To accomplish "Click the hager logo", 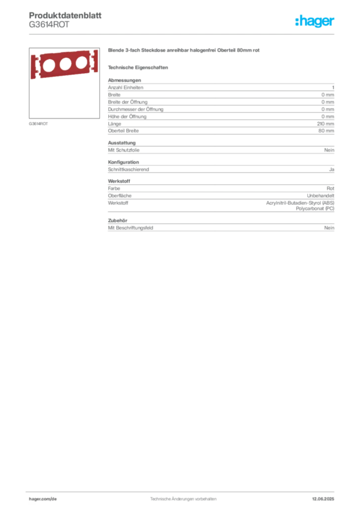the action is (x=315, y=21).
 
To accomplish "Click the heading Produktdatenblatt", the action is (x=65, y=15).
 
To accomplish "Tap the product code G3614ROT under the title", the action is (x=49, y=25).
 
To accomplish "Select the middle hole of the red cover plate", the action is (x=65, y=64).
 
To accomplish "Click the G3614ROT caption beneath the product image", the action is (x=38, y=124).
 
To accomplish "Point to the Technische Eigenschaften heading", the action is (x=138, y=68).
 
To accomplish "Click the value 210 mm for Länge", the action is (x=326, y=124).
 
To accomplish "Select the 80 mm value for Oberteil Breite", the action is (x=326, y=131).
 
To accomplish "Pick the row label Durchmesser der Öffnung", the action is (x=136, y=109).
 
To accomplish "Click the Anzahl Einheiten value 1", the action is (x=333, y=87).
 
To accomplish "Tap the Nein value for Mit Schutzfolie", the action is (x=329, y=150).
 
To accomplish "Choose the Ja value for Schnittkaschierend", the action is (x=332, y=170).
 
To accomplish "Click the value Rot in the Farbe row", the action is (x=331, y=188).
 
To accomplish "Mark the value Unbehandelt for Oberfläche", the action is (x=321, y=196).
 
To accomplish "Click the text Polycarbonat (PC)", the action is (x=315, y=208).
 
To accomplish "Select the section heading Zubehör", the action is (x=117, y=220).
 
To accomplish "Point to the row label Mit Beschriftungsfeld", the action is (x=130, y=228).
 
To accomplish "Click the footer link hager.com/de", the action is (x=43, y=499).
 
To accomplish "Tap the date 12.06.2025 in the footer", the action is (x=323, y=499).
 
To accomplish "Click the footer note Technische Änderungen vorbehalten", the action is (x=183, y=499).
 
